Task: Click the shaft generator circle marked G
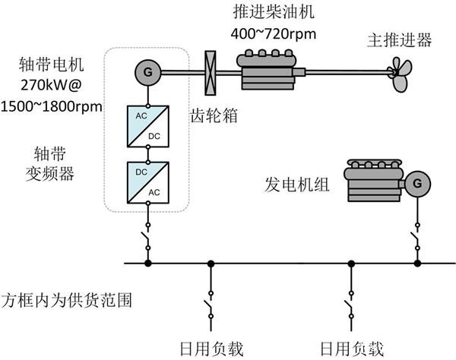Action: point(147,72)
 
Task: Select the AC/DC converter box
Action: point(148,126)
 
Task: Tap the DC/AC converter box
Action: point(148,182)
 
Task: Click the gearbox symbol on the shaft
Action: point(211,73)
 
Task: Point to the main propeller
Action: point(401,74)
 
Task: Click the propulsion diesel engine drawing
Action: point(271,70)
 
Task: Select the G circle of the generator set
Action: point(417,184)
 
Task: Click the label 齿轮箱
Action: point(214,115)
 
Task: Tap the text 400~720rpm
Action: point(274,34)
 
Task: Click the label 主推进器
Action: point(399,39)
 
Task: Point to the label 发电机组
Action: point(297,185)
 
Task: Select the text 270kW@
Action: point(51,85)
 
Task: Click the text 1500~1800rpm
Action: point(52,106)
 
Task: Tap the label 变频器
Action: point(49,174)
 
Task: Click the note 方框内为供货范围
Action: point(67,301)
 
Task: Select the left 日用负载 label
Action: point(211,349)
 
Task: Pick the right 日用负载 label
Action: point(352,349)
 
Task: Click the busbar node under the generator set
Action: point(417,264)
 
